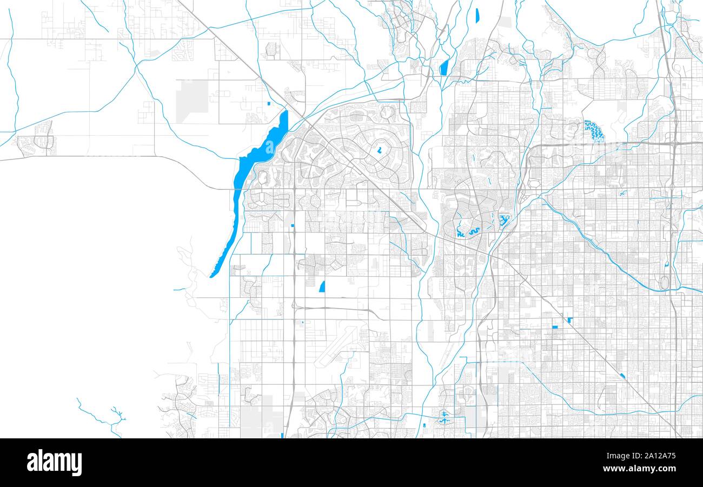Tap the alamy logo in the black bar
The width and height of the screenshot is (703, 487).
[x=54, y=463]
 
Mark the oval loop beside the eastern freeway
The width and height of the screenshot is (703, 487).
[x=665, y=283]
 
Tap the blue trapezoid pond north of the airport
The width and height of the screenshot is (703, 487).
[x=322, y=286]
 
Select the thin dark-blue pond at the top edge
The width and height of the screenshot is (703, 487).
[x=477, y=16]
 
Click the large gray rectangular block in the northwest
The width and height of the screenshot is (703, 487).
[x=191, y=99]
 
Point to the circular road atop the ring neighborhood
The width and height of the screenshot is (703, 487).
[x=387, y=112]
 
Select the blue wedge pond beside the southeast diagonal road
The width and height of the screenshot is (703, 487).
[x=622, y=376]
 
